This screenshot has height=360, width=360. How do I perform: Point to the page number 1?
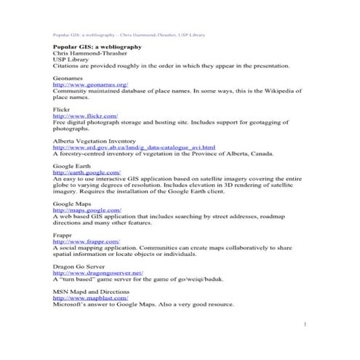click(x=307, y=323)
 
